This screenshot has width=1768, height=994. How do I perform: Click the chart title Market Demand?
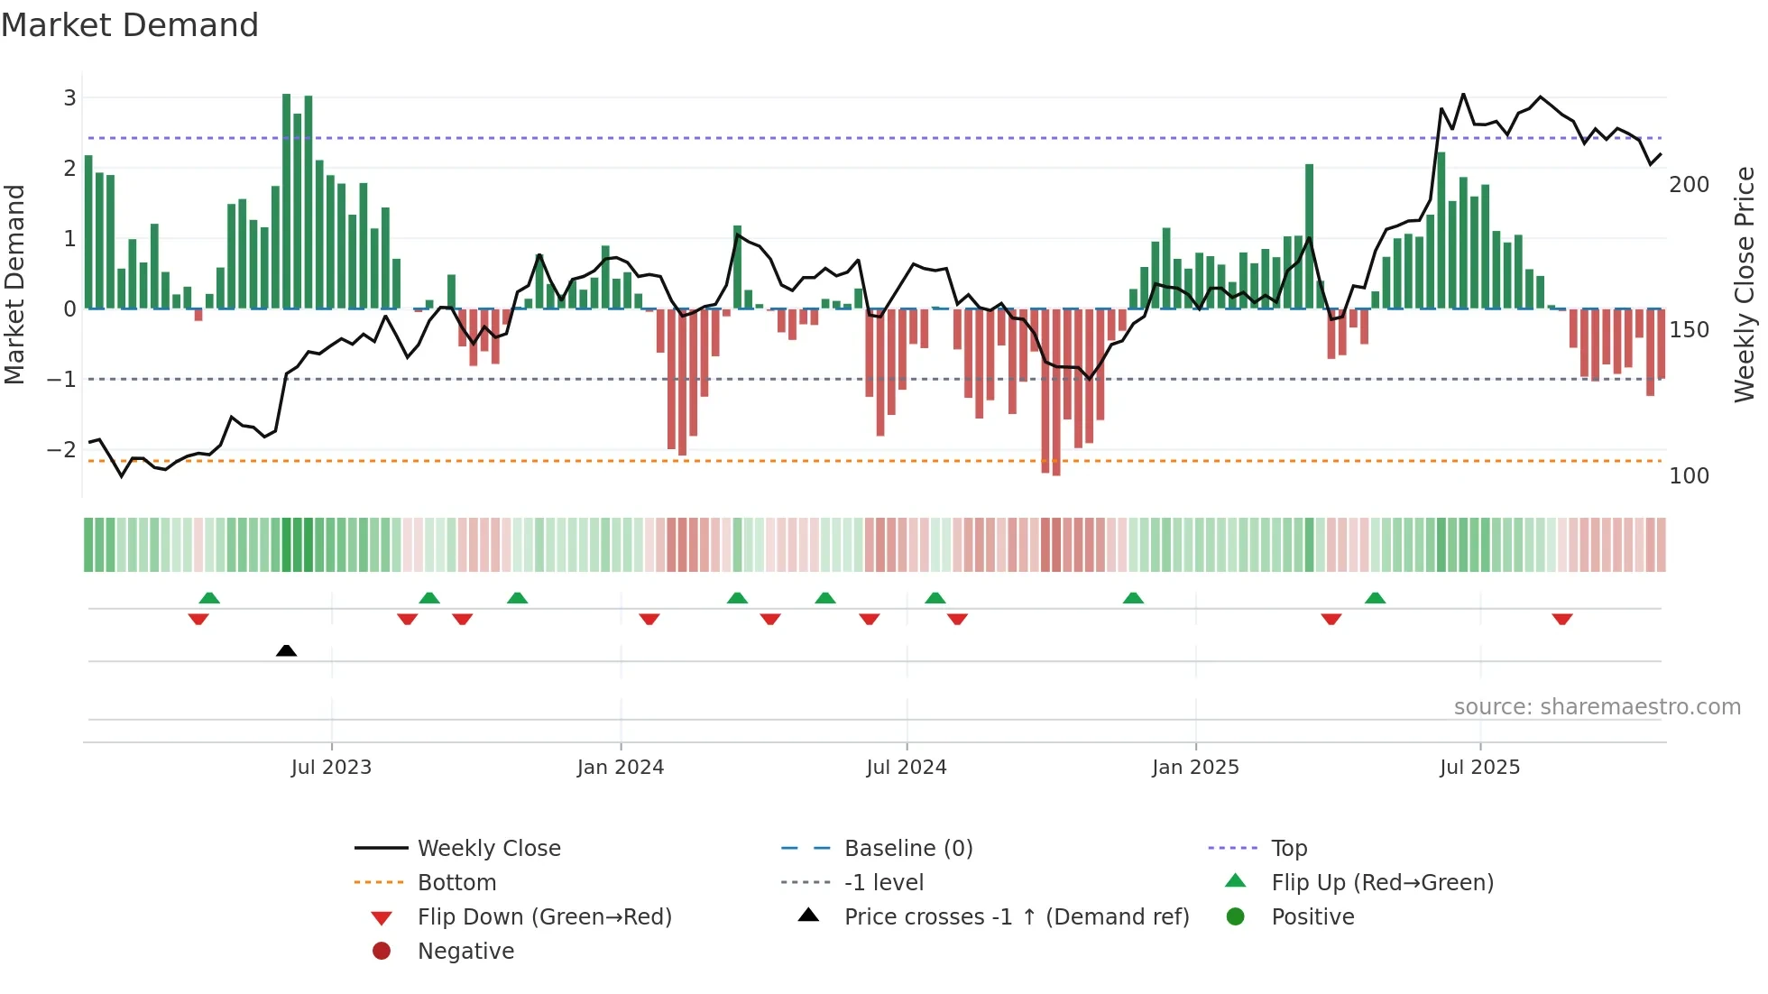pyautogui.click(x=130, y=25)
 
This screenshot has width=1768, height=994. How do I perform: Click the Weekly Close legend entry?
pyautogui.click(x=488, y=849)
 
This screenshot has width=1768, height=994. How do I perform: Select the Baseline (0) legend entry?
pyautogui.click(x=907, y=849)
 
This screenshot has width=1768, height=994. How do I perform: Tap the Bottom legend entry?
pyautogui.click(x=456, y=883)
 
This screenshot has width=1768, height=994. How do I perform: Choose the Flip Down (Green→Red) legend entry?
pyautogui.click(x=544, y=917)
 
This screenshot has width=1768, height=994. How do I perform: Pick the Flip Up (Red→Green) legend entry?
pyautogui.click(x=1381, y=883)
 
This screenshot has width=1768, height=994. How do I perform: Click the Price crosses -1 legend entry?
pyautogui.click(x=1016, y=917)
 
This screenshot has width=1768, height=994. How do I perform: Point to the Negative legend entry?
pyautogui.click(x=465, y=952)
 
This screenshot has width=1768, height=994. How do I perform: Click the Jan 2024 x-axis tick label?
pyautogui.click(x=621, y=768)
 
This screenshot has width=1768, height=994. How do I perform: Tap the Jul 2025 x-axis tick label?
pyautogui.click(x=1479, y=768)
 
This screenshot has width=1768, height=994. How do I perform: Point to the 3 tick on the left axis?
pyautogui.click(x=69, y=97)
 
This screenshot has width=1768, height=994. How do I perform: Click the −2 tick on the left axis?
pyautogui.click(x=62, y=449)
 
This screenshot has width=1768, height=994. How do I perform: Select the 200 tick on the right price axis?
pyautogui.click(x=1689, y=185)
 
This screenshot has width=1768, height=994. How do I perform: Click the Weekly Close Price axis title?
pyautogui.click(x=1745, y=284)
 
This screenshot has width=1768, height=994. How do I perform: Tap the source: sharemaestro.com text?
pyautogui.click(x=1597, y=707)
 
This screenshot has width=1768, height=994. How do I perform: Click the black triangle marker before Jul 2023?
pyautogui.click(x=286, y=650)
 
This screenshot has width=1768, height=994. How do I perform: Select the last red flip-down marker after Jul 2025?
pyautogui.click(x=1562, y=619)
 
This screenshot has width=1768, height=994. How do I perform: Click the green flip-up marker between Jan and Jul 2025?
pyautogui.click(x=1375, y=598)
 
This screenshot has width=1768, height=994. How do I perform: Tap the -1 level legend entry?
pyautogui.click(x=883, y=883)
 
